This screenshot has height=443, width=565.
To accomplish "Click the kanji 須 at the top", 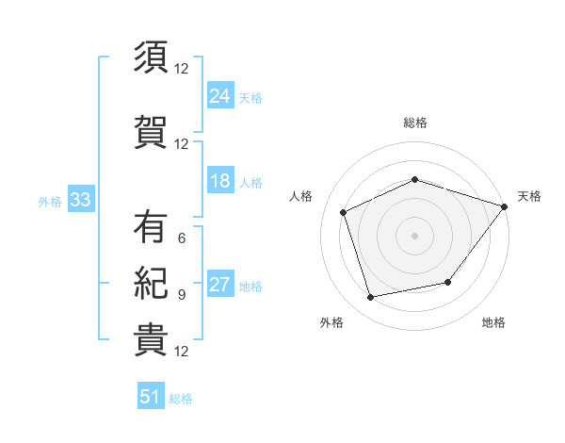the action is tap(151, 57).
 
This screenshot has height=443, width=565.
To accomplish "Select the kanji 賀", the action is tap(151, 132).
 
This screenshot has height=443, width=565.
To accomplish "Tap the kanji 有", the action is tap(151, 226).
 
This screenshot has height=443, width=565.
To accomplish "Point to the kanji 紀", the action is tap(151, 283).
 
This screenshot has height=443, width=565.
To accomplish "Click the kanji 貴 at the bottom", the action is tap(151, 340).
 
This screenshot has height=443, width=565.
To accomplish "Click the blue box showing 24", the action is tap(220, 95).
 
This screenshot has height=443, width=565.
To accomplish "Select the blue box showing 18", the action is tap(220, 180).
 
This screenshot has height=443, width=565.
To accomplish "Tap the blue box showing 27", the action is tap(220, 283).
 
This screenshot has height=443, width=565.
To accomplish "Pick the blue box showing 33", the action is tap(81, 199).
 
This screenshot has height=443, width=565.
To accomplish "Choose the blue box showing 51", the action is tap(151, 395).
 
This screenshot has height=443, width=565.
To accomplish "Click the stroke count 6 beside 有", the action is tap(182, 238).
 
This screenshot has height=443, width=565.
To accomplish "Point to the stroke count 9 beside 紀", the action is tap(182, 295).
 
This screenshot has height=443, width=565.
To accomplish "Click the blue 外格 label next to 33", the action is tap(50, 202).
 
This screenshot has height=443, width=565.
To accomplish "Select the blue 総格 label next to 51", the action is tap(181, 399).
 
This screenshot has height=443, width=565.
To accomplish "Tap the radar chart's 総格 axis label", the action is tap(415, 123).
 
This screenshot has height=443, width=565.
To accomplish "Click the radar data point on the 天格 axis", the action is tap(505, 206).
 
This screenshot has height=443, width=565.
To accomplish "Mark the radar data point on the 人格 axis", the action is tap(344, 212).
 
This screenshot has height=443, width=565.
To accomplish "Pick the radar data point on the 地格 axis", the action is tap(448, 282).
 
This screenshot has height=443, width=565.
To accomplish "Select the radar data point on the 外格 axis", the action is tap(370, 298).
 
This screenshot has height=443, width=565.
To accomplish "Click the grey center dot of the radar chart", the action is tap(414, 236).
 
